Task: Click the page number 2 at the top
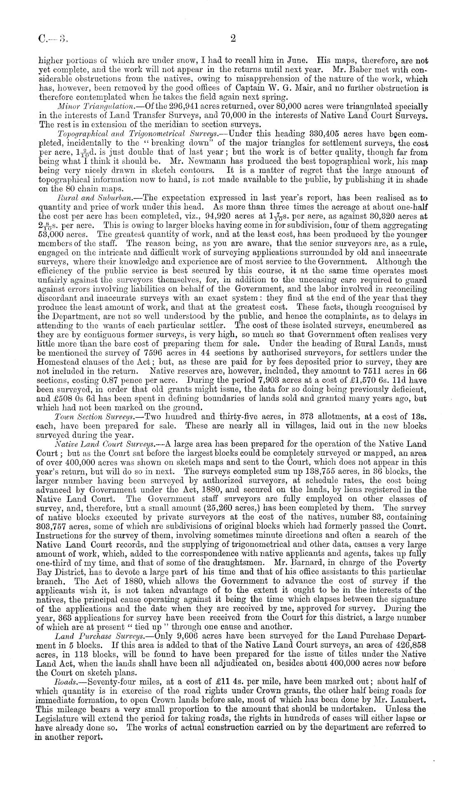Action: click(233, 39)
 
